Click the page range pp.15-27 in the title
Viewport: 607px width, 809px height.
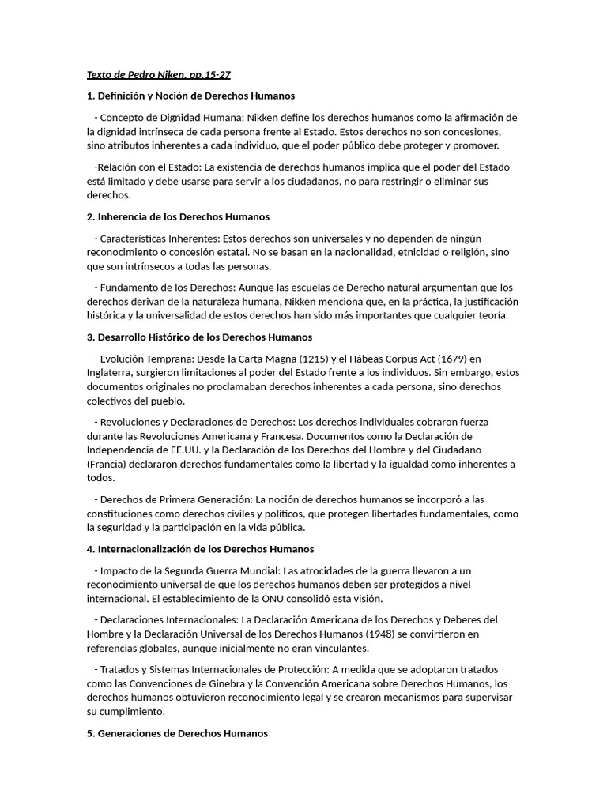pyautogui.click(x=209, y=75)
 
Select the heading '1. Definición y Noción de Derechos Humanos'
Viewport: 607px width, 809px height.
pyautogui.click(x=190, y=96)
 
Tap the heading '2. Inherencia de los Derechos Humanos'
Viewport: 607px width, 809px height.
pyautogui.click(x=178, y=216)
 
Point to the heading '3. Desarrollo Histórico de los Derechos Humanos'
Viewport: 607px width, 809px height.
pyautogui.click(x=199, y=337)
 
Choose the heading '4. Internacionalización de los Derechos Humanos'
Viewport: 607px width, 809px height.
pyautogui.click(x=200, y=549)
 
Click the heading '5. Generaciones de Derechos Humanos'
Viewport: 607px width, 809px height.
pyautogui.click(x=177, y=733)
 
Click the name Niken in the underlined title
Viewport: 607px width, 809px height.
pyautogui.click(x=172, y=75)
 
